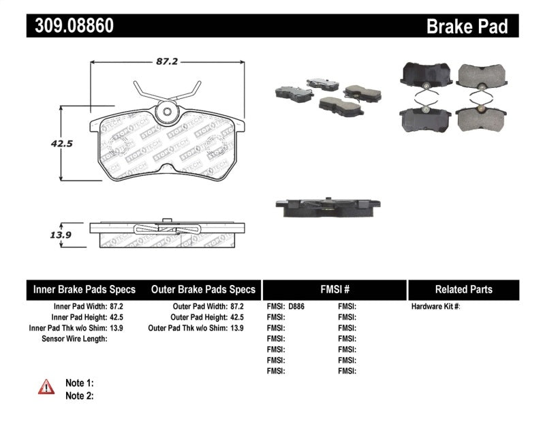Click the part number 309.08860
coord(70,26)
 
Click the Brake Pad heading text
coord(467,27)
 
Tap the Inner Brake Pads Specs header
coord(84,290)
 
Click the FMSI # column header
coord(334,290)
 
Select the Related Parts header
coord(463,290)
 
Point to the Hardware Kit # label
coord(435,307)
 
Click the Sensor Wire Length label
coord(74,339)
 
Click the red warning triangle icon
coord(46,387)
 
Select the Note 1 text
coord(79,382)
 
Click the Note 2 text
coord(79,395)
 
